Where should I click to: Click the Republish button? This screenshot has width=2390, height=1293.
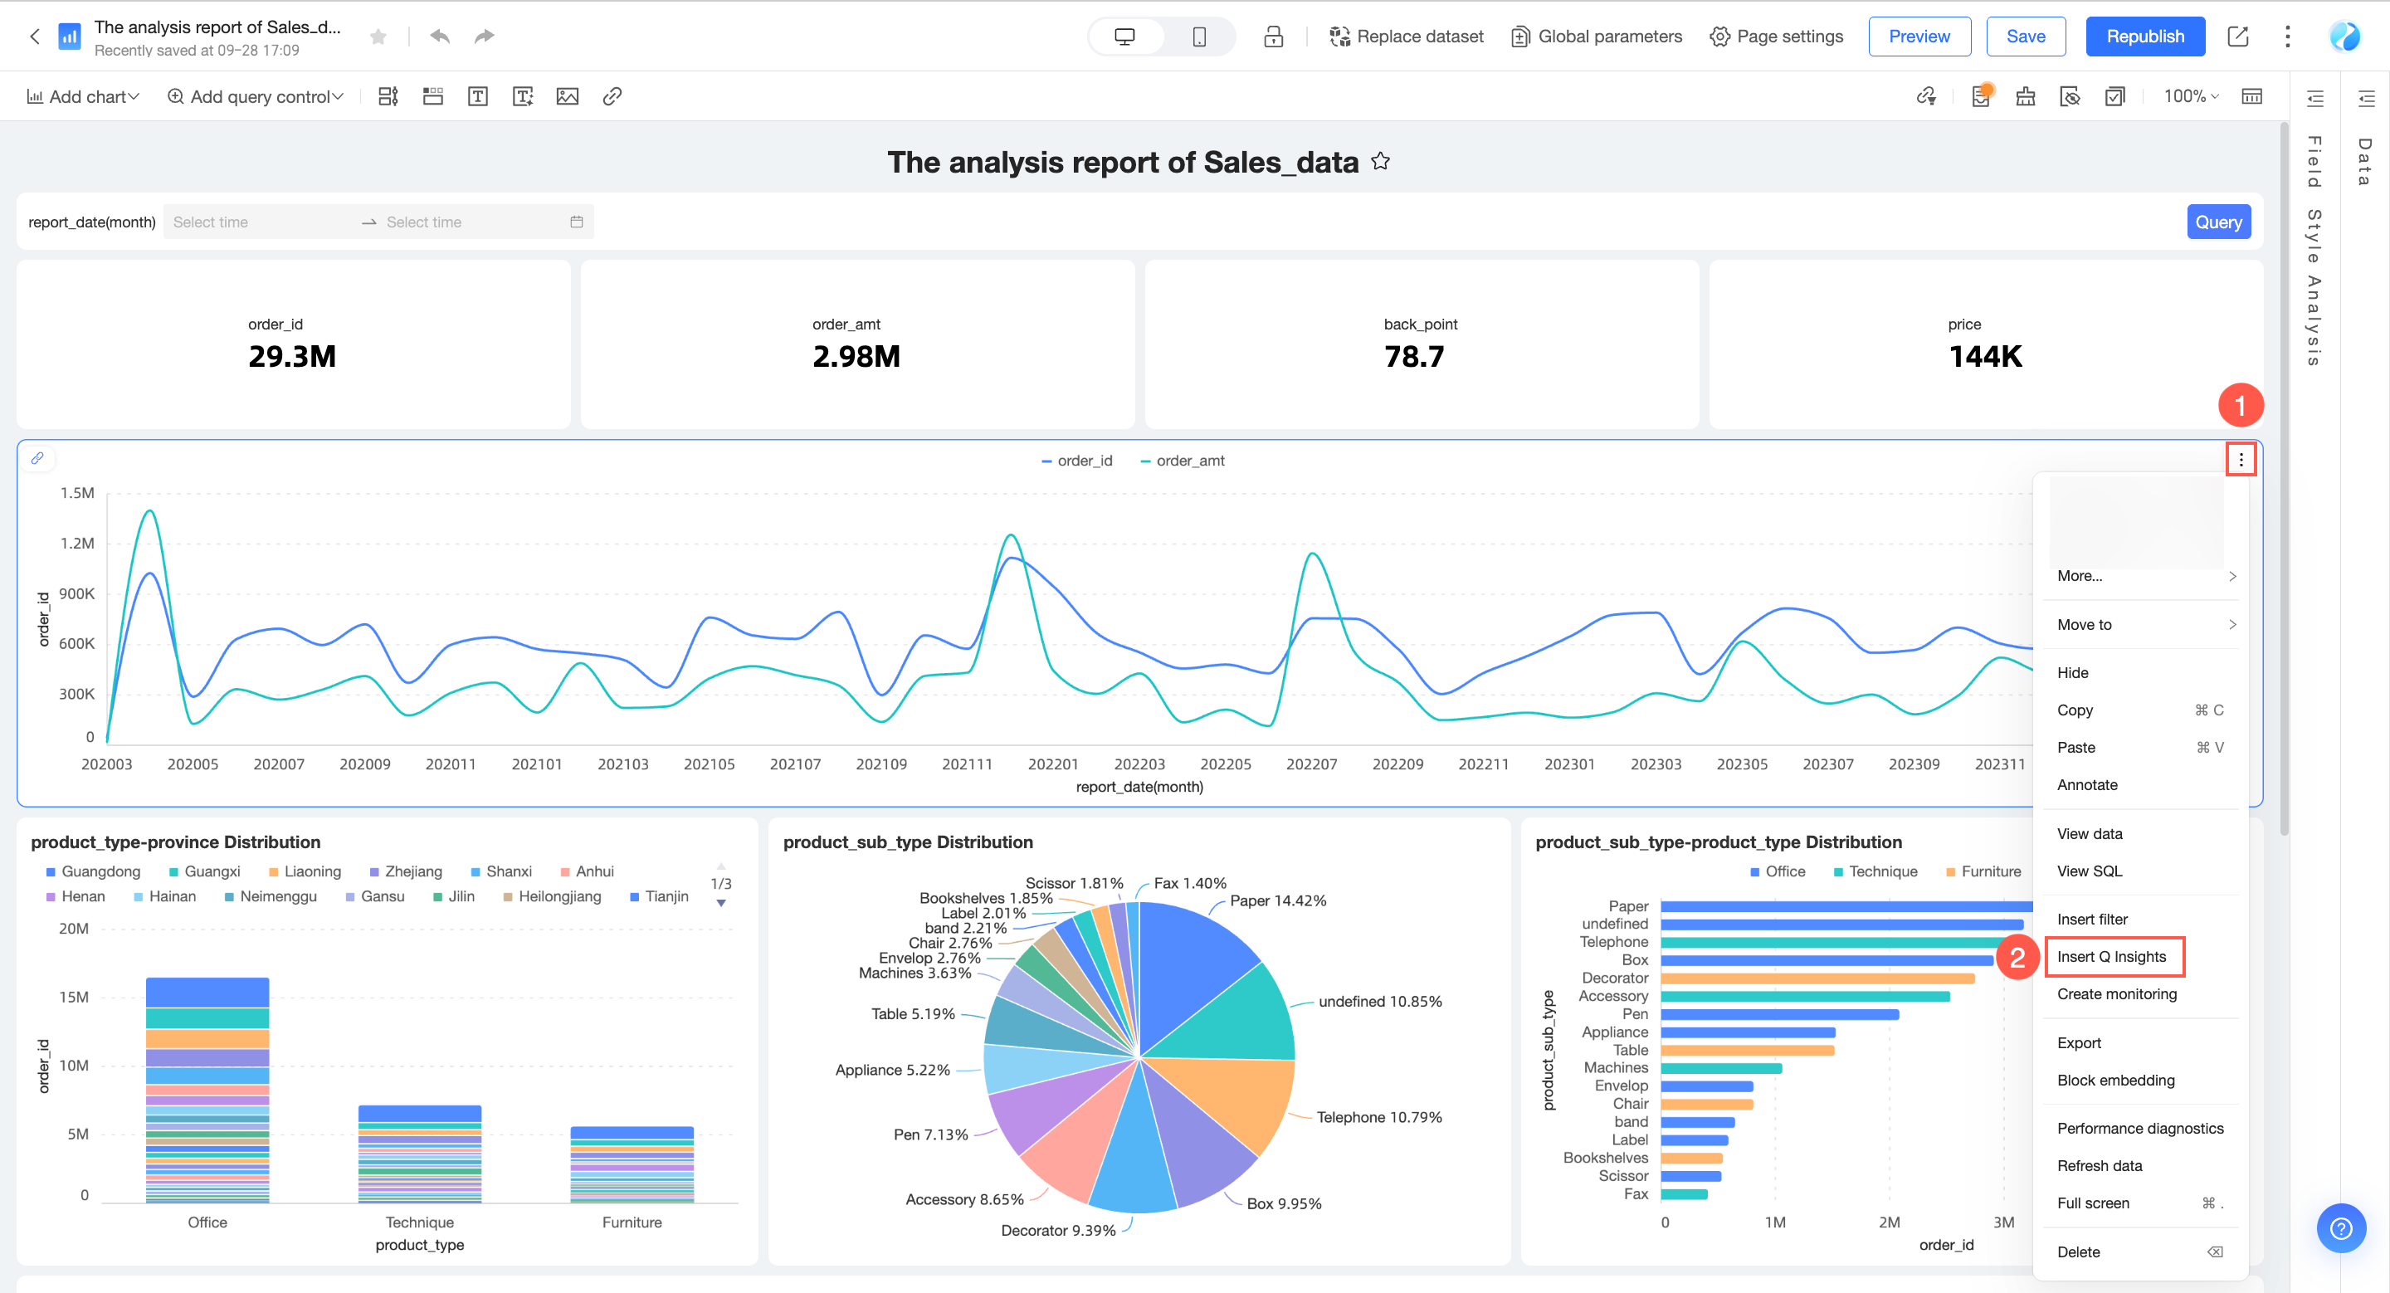(2144, 37)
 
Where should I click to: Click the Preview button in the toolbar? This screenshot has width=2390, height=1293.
(1918, 37)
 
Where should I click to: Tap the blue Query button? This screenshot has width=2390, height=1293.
(2217, 222)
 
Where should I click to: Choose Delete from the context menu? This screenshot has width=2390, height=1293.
(2078, 1252)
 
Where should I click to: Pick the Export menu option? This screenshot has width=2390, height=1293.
(2078, 1042)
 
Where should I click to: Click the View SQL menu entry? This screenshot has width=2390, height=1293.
(2089, 871)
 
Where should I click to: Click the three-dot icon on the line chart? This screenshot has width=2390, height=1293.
(2241, 459)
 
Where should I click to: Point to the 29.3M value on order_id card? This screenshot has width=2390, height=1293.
(291, 356)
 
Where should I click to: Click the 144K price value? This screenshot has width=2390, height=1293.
(1984, 356)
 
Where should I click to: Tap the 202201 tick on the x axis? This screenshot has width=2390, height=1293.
(1052, 764)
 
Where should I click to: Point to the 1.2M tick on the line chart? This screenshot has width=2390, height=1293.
(77, 543)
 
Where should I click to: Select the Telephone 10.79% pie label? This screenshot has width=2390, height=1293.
(1378, 1117)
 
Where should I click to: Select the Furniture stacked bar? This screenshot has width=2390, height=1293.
(632, 1164)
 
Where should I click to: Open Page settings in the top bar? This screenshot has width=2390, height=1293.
(1776, 37)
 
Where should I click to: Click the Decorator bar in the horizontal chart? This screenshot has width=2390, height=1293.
(1816, 978)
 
